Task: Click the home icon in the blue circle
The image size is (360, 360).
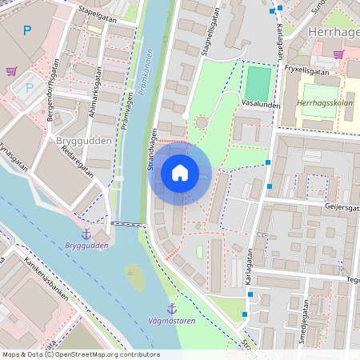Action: (x=179, y=172)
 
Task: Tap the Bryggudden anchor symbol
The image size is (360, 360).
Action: (x=87, y=233)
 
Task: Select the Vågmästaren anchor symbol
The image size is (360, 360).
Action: (x=171, y=308)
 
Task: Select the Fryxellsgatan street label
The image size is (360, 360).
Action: (x=306, y=71)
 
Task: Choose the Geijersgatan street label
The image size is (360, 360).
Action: (x=343, y=205)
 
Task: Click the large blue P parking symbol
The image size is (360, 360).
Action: (x=28, y=31)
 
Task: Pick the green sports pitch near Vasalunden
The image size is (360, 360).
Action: (x=257, y=84)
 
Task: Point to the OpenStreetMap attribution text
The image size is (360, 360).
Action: (x=80, y=354)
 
